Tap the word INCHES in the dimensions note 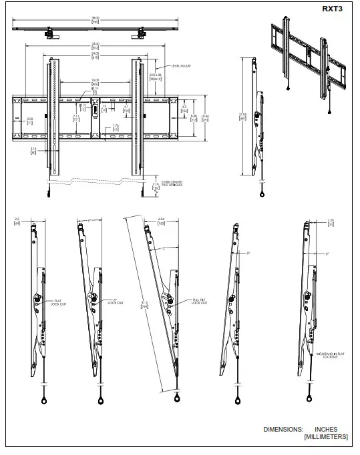(325, 429)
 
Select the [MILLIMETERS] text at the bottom (325, 437)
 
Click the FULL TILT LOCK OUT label (200, 302)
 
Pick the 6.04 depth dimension (160, 220)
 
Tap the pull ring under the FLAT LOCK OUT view (44, 402)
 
